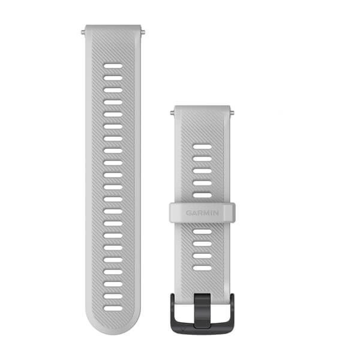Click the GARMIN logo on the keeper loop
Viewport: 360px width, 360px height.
[202, 212]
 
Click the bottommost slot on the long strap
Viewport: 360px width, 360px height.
[113, 308]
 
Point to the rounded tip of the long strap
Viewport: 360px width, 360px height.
[113, 330]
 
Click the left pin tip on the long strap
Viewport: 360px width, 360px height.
[83, 28]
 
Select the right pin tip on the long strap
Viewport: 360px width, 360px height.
[142, 28]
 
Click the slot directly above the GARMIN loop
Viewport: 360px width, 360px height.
[202, 195]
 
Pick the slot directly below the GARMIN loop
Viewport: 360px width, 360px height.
[202, 232]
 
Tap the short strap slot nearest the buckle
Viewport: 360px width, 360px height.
[202, 268]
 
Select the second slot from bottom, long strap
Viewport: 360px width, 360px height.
[113, 296]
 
